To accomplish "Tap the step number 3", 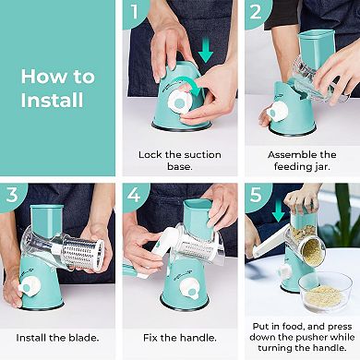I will [12, 195].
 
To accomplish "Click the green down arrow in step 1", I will [205, 48].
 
